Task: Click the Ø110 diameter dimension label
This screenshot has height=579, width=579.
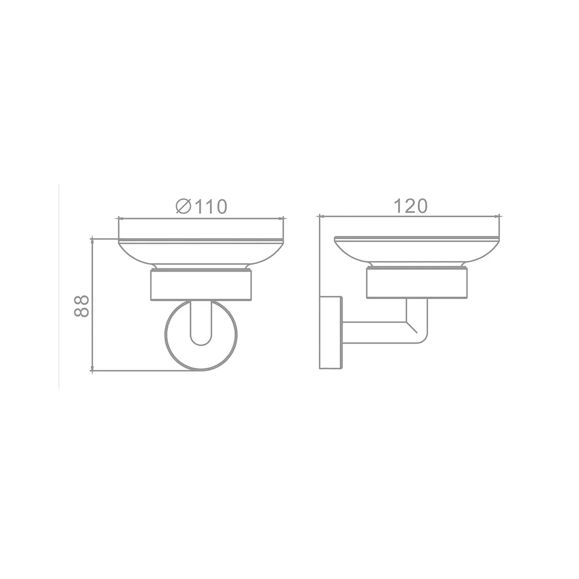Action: point(201,207)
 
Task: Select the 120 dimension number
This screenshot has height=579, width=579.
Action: point(410,206)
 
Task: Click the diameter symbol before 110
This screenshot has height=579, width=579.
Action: point(184,207)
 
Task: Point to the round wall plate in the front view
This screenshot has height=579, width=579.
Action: point(166,335)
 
